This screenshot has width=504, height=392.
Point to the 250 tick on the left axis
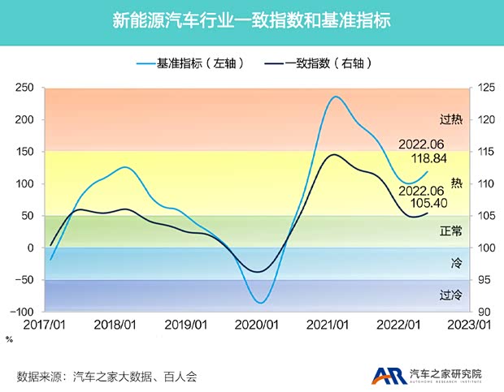click(26, 88)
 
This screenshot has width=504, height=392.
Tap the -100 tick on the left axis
click(24, 312)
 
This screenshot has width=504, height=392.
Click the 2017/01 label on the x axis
click(45, 325)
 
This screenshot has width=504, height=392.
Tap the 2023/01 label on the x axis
click(474, 325)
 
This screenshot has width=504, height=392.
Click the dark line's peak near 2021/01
click(333, 154)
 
